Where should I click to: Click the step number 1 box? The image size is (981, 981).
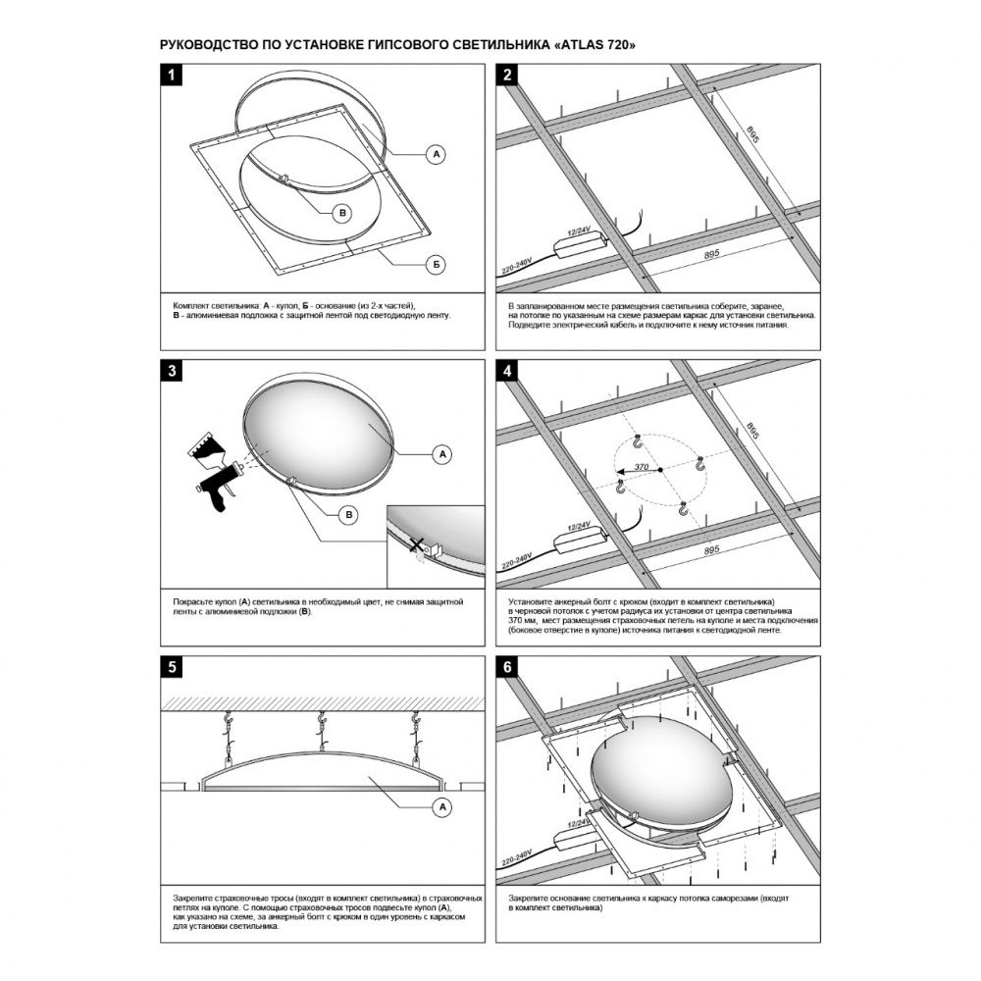[172, 77]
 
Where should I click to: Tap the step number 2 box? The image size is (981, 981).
[507, 77]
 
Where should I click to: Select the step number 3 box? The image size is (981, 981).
[172, 372]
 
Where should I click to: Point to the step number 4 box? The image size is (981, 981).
[507, 372]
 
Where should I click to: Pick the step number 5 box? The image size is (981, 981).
[172, 668]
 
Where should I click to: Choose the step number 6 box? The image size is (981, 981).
[507, 668]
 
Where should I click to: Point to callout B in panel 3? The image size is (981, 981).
[347, 514]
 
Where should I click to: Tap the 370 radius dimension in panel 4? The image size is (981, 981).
[640, 467]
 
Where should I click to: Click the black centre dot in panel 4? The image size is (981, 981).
[661, 470]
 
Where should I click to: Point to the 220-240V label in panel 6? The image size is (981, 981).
[517, 857]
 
